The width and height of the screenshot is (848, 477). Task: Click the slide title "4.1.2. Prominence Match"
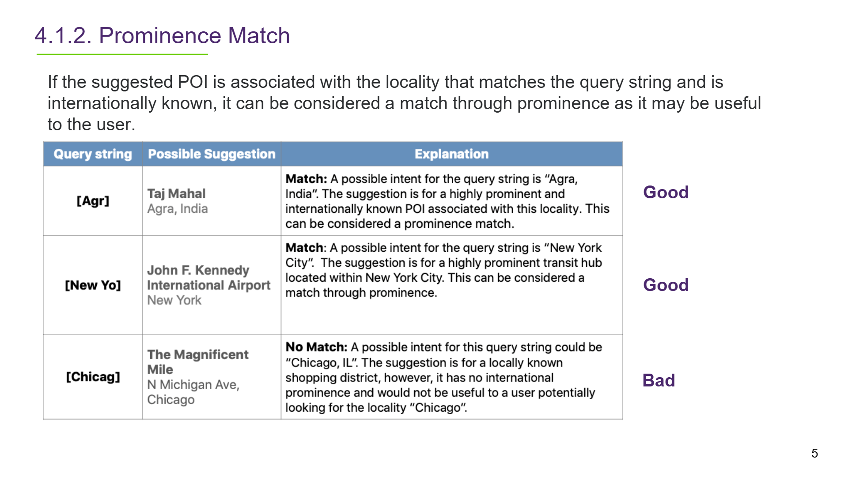162,35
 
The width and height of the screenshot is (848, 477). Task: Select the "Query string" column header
93,154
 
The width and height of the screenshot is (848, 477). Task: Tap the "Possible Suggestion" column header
212,154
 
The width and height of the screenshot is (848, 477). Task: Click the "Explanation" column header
451,154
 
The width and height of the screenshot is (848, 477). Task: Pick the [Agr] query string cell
93,201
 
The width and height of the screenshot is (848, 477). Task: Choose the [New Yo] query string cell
93,285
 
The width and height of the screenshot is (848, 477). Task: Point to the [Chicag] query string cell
93,377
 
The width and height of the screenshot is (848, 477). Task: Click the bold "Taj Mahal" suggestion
176,193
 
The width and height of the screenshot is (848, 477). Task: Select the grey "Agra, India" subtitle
178,208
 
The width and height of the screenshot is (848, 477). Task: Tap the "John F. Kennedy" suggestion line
198,270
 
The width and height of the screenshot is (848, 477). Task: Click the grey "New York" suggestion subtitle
174,300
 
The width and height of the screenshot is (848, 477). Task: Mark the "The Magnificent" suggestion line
198,354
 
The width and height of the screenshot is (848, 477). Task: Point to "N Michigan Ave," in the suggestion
193,385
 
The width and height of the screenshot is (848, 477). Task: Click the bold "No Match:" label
316,347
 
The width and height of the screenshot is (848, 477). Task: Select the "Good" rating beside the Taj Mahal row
666,192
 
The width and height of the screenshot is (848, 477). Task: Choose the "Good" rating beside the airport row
666,285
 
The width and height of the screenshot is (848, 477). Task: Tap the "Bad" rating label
659,380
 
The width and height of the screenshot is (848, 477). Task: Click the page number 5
814,453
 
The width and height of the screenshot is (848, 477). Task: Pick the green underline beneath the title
122,54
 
